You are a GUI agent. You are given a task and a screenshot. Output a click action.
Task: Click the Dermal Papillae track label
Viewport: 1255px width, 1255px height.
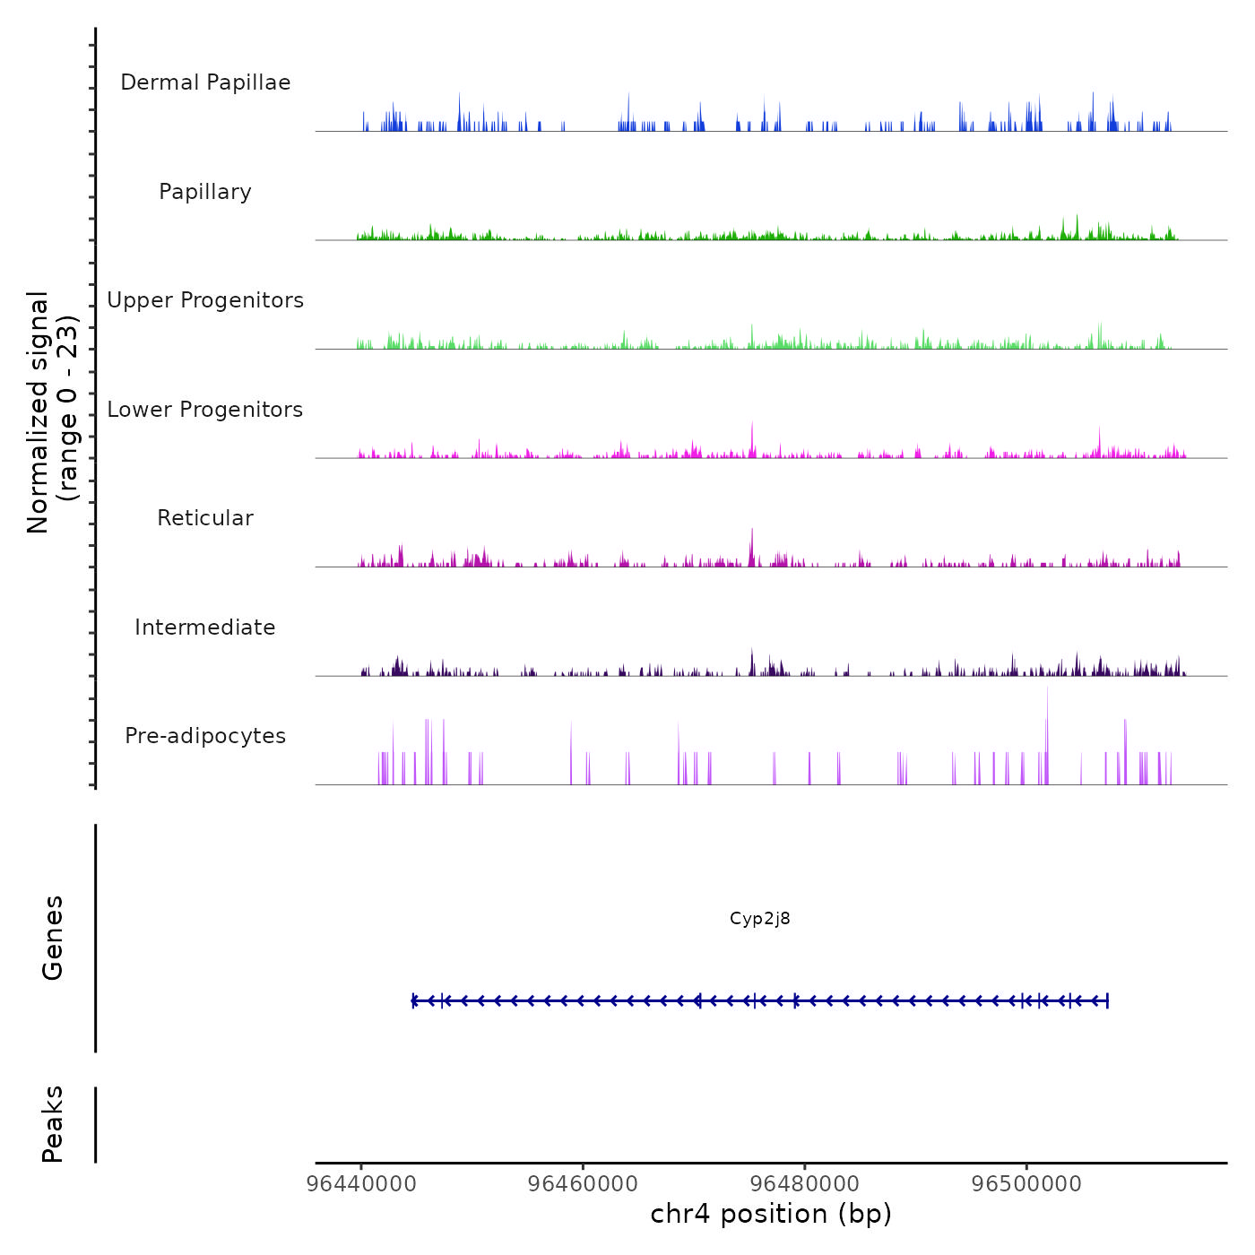205,82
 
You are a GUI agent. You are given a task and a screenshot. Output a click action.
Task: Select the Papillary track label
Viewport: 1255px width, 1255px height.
205,192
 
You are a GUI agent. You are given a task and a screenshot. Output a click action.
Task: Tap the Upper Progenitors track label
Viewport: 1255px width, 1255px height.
205,300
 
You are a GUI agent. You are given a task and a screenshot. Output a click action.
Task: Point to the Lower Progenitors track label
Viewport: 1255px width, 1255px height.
205,410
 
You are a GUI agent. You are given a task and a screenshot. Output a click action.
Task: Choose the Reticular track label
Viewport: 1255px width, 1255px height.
205,518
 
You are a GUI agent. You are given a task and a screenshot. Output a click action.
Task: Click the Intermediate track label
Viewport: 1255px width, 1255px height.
205,627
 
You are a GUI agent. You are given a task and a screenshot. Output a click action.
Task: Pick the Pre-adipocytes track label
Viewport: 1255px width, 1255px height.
205,736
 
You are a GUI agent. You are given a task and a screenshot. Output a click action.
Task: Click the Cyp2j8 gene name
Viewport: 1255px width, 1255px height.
760,919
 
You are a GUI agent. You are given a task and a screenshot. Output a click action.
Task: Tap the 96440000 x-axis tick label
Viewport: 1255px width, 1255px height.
361,1184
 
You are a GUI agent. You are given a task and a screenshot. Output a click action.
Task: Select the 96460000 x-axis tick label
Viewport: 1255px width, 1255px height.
584,1184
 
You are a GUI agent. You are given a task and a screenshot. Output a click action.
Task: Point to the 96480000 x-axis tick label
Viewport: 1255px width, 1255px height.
805,1184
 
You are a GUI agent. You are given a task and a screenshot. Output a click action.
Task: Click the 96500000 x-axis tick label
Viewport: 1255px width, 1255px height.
1027,1184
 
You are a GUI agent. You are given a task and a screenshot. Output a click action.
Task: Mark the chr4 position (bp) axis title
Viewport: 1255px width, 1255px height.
771,1215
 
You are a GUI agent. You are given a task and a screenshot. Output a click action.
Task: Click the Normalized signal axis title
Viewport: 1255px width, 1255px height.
52,412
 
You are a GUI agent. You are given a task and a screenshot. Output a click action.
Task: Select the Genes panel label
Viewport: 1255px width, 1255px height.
53,938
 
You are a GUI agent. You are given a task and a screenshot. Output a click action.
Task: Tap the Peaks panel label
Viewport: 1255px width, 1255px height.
53,1124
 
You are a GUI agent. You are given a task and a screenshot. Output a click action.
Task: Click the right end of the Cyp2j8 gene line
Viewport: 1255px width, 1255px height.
1108,1000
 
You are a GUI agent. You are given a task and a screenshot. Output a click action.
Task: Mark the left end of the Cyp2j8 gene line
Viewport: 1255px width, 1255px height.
413,1000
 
